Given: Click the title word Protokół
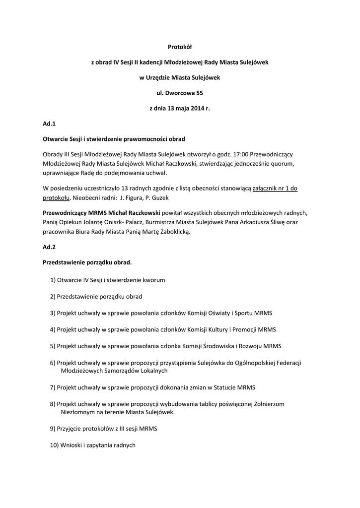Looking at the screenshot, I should click(180, 47).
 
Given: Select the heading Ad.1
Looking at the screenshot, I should click(49, 124).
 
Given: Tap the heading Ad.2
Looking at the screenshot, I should click(49, 247).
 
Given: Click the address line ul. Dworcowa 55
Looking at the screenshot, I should click(180, 93).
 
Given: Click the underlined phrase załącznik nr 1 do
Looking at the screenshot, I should click(275, 189).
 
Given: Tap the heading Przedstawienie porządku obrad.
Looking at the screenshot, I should click(87, 262).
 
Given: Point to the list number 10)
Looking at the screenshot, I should click(54, 445).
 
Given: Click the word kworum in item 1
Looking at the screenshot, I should click(153, 280).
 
